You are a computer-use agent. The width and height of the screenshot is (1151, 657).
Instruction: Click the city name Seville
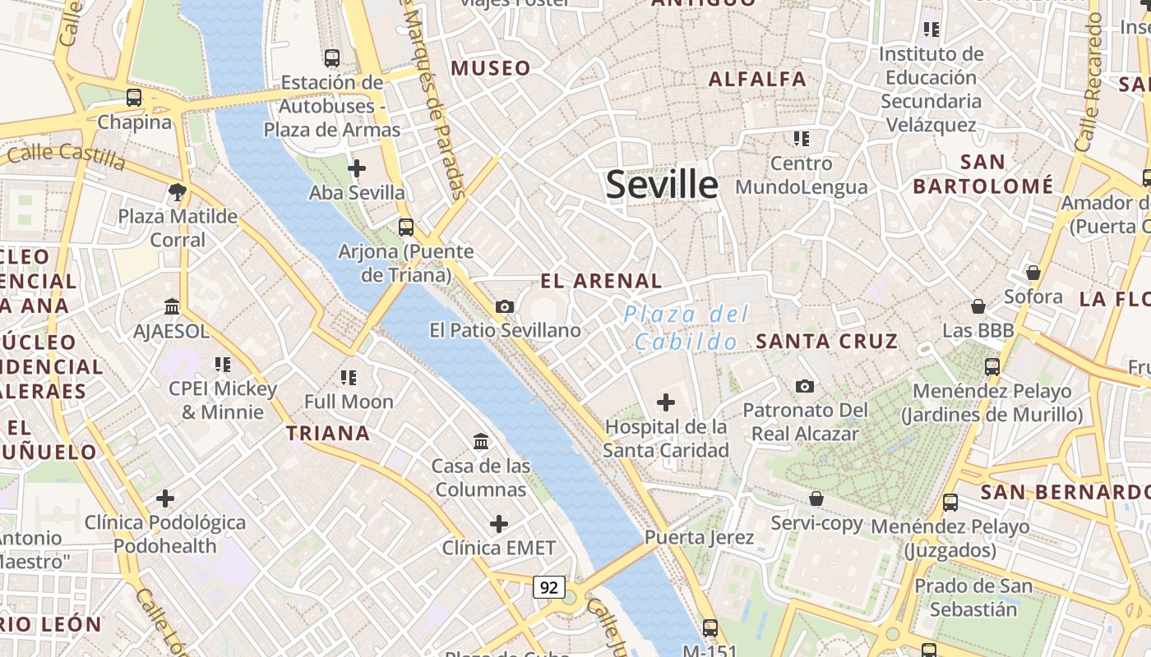click(662, 185)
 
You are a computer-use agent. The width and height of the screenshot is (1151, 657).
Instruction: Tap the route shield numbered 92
click(549, 587)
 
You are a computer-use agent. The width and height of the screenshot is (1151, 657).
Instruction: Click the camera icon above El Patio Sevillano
click(505, 306)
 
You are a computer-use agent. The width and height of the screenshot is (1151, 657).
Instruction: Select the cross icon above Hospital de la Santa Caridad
click(666, 402)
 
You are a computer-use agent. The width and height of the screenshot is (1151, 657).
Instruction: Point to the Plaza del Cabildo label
click(686, 328)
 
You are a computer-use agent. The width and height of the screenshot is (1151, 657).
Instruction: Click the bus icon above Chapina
click(134, 98)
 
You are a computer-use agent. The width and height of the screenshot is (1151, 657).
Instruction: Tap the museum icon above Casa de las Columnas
click(481, 442)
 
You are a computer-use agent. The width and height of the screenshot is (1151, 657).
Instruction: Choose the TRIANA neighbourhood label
click(328, 433)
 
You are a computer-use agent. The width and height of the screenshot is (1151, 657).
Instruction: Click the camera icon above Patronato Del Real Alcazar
click(805, 386)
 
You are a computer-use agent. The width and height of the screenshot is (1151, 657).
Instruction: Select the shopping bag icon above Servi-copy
click(816, 498)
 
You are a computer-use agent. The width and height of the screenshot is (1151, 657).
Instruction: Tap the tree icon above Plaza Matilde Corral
click(177, 192)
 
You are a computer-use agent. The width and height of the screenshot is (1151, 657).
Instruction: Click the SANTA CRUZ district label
click(826, 341)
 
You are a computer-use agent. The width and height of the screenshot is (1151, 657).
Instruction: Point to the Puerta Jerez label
click(699, 537)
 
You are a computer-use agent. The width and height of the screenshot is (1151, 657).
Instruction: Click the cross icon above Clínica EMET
click(498, 524)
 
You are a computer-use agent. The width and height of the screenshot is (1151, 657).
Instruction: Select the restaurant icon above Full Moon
click(349, 378)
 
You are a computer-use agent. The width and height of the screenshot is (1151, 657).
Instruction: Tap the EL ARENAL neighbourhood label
click(601, 281)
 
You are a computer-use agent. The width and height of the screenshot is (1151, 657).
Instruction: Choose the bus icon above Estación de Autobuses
click(332, 58)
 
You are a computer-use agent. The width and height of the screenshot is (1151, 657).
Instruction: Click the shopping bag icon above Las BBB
click(978, 306)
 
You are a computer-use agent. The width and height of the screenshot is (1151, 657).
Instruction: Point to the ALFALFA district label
click(757, 80)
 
